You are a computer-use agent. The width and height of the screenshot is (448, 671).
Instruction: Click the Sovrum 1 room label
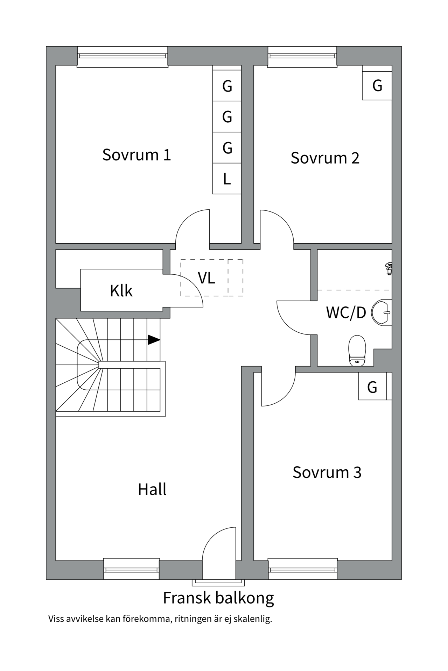pyautogui.click(x=136, y=155)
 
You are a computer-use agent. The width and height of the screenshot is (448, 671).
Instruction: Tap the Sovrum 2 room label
pyautogui.click(x=325, y=158)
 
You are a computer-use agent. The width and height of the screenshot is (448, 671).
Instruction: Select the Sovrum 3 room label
pyautogui.click(x=327, y=472)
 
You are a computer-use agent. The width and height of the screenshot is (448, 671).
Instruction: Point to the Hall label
pyautogui.click(x=152, y=490)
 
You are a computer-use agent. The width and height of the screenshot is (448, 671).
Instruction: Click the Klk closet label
pyautogui.click(x=121, y=291)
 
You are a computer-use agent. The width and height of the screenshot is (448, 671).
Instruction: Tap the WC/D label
pyautogui.click(x=346, y=313)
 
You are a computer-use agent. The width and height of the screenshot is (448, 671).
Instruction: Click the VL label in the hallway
pyautogui.click(x=206, y=278)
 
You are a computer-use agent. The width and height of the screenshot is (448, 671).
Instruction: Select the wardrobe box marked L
pyautogui.click(x=227, y=179)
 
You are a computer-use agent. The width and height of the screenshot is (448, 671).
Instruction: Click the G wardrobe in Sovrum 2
pyautogui.click(x=377, y=86)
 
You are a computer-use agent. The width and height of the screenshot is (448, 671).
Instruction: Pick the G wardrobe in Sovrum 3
pyautogui.click(x=372, y=387)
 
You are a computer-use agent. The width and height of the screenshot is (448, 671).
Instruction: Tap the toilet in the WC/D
pyautogui.click(x=357, y=351)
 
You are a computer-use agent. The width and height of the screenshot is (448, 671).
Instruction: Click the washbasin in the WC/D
pyautogui.click(x=381, y=312)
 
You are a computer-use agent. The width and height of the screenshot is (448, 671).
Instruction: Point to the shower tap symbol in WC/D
pyautogui.click(x=388, y=269)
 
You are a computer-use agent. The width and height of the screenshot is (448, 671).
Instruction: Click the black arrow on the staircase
pyautogui.click(x=154, y=340)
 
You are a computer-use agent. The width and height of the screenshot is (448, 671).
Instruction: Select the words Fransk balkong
pyautogui.click(x=218, y=598)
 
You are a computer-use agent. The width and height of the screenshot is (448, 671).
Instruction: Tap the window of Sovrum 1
pyautogui.click(x=122, y=56)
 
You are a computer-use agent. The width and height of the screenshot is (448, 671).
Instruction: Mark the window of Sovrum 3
pyautogui.click(x=302, y=570)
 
